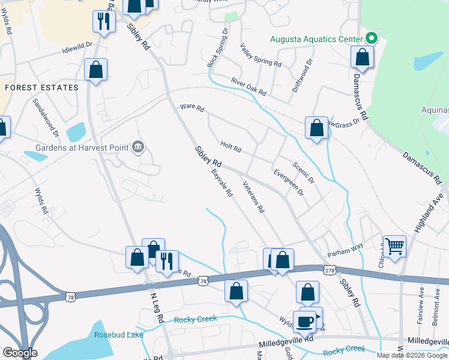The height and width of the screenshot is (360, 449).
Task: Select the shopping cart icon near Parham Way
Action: tap(394, 245)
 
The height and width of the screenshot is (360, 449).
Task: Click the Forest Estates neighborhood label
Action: tap(41, 88)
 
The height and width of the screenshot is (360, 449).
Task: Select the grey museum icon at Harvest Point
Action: tap(138, 147)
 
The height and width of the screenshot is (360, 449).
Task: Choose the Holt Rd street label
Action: tap(231, 146)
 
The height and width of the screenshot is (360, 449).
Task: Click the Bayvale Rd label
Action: tap(221, 184)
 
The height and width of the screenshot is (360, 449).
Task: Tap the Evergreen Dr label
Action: tap(288, 182)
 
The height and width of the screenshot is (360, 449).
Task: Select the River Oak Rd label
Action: tap(248, 86)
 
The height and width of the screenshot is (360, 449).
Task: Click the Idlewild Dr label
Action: tap(77, 47)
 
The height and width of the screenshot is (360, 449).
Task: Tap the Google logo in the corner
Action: tap(19, 353)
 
